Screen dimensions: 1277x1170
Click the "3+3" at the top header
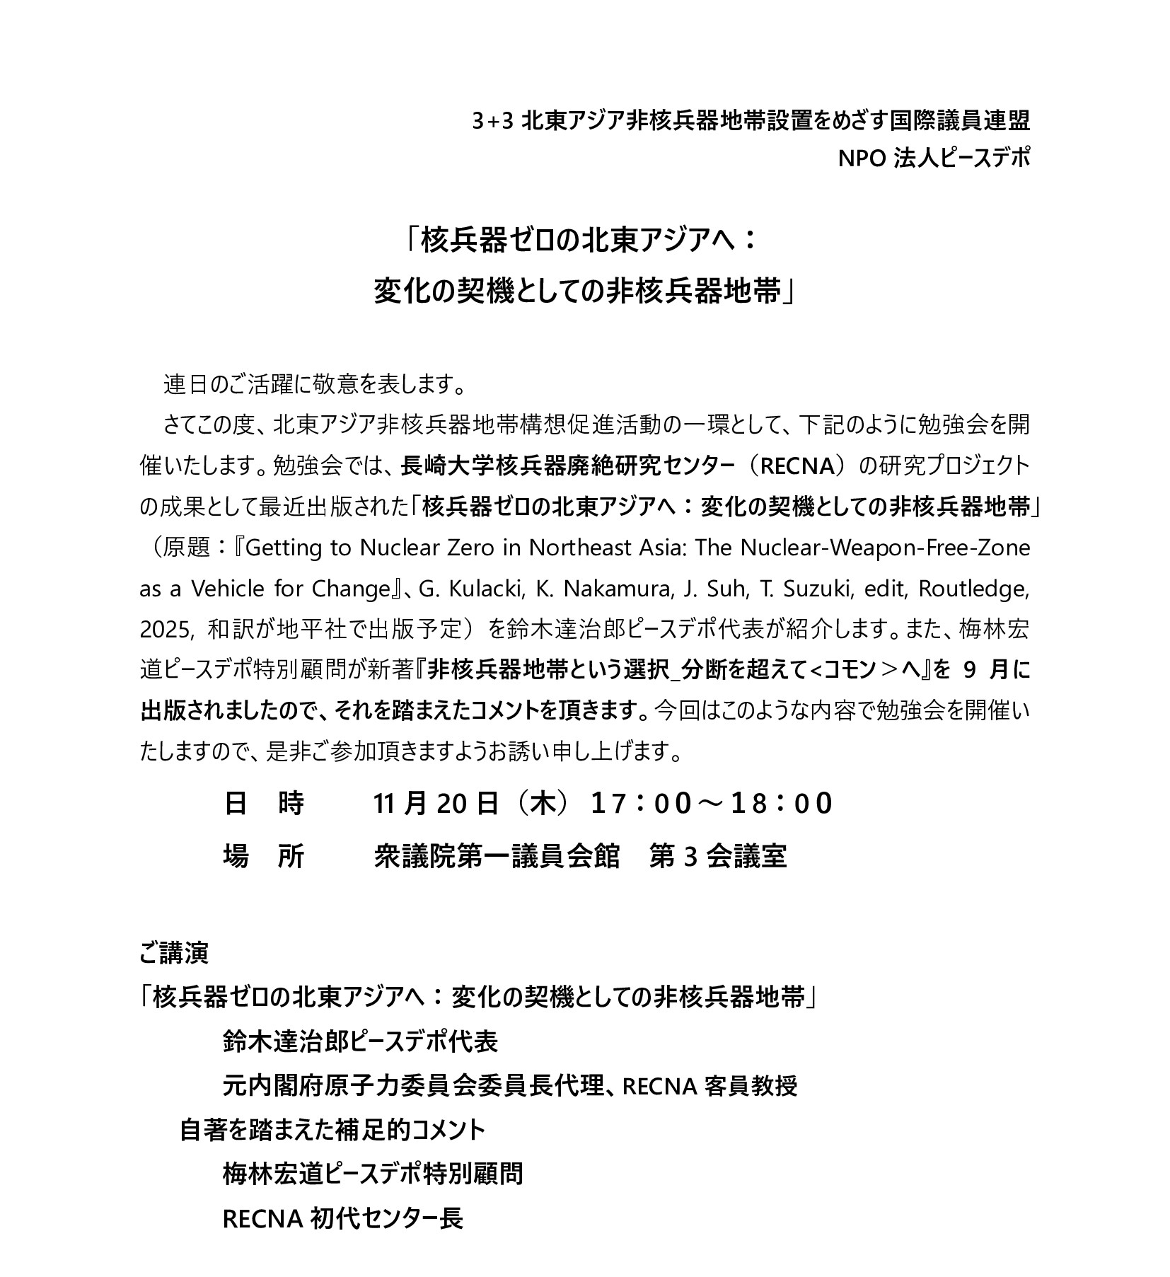492,122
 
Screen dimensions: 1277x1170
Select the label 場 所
264,856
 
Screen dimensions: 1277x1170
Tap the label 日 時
264,803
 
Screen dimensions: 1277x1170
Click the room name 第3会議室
717,856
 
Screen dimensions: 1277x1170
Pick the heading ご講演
174,954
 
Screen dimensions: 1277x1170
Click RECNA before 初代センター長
263,1218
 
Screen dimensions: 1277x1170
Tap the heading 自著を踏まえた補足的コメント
332,1129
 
